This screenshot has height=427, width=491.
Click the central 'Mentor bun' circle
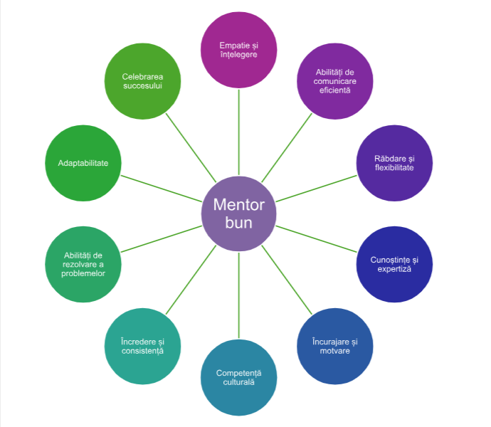[238, 213]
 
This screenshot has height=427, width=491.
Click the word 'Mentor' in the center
[238, 206]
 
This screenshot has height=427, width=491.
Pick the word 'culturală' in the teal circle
[238, 382]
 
